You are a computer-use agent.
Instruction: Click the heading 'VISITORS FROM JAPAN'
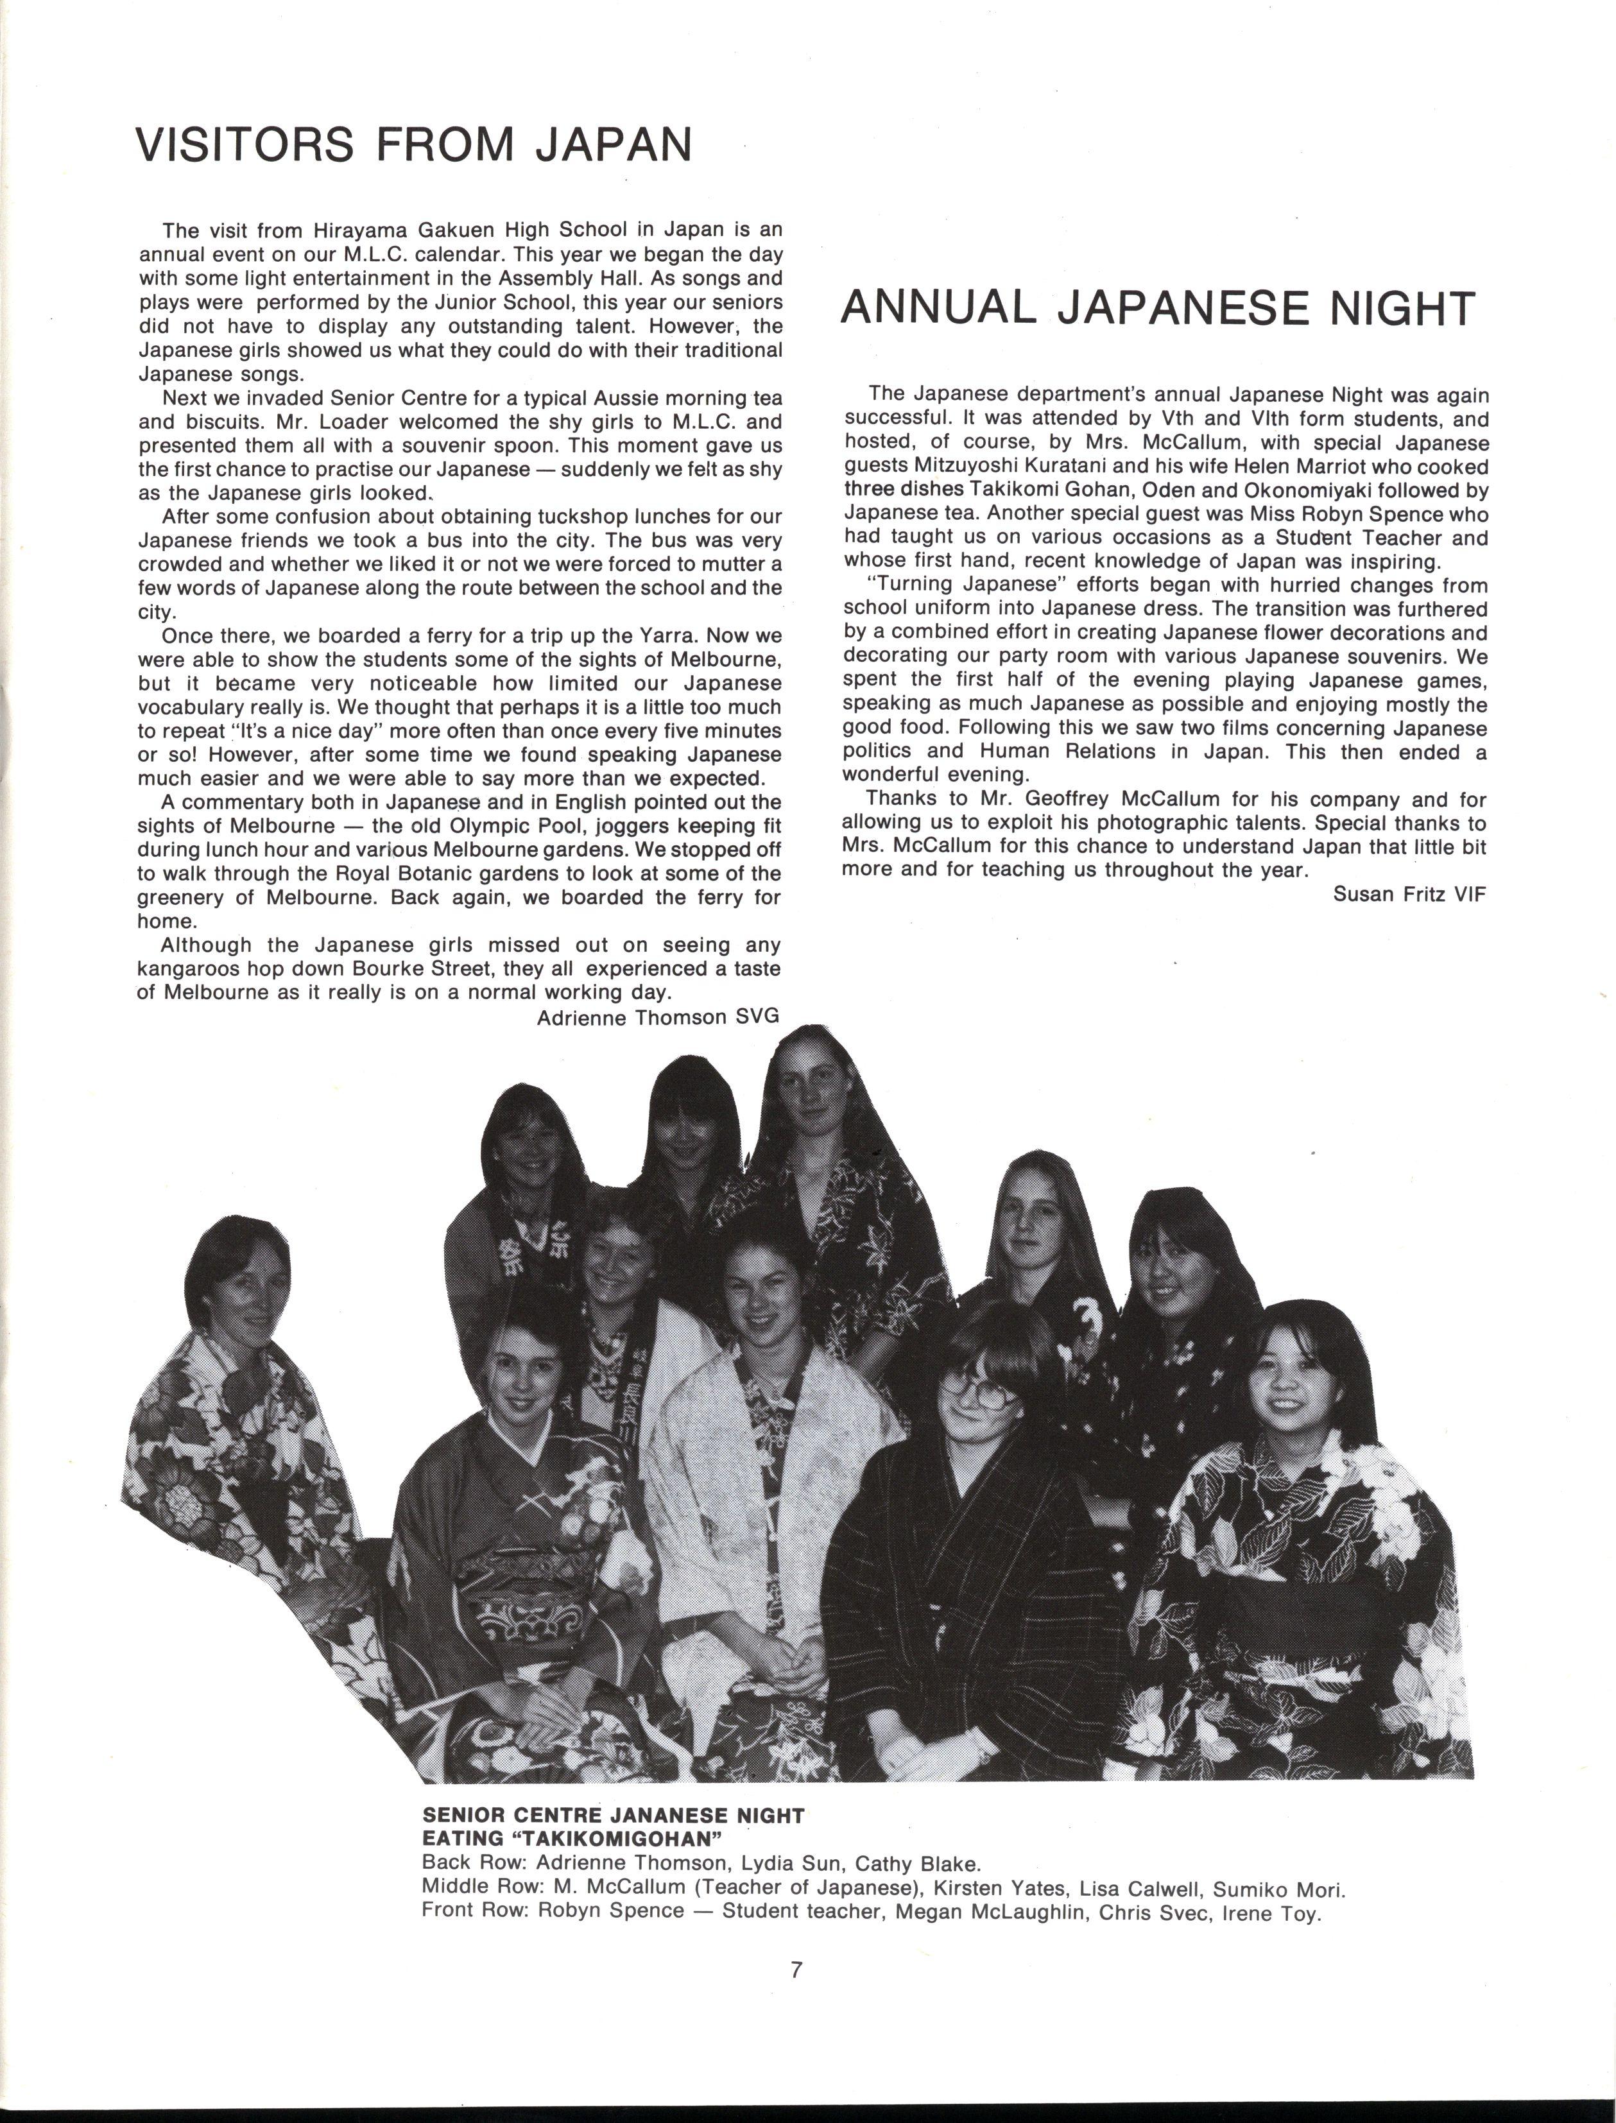point(413,144)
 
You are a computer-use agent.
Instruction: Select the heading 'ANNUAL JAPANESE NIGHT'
point(1157,308)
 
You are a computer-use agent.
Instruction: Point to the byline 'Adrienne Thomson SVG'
point(657,1017)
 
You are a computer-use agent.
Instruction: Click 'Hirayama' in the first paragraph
point(356,231)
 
